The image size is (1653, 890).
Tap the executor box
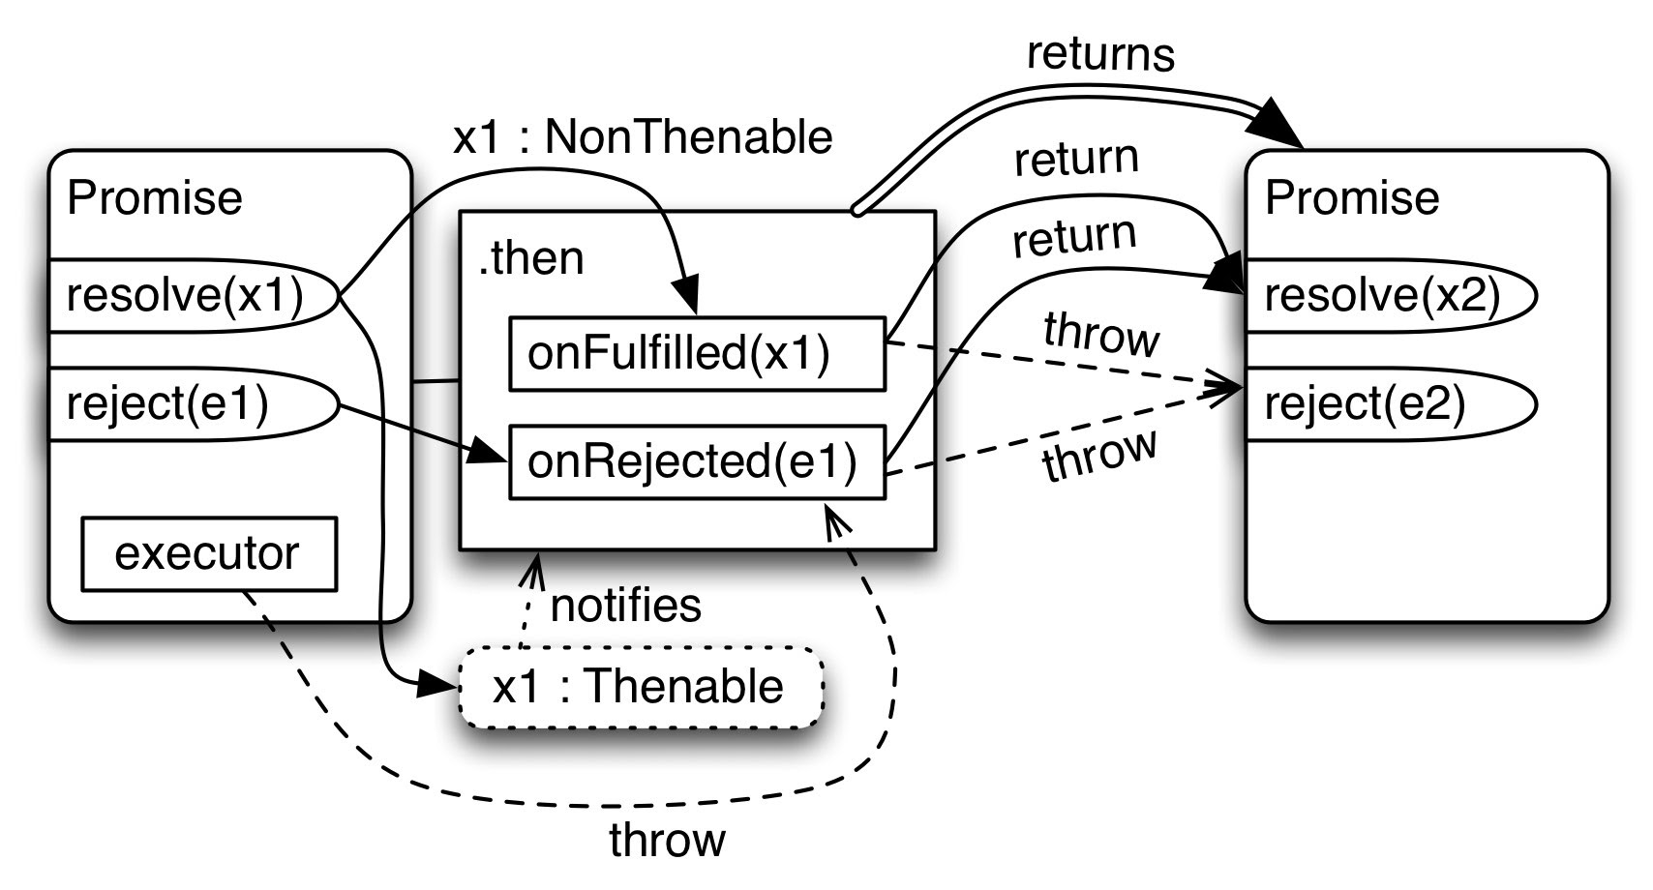(209, 553)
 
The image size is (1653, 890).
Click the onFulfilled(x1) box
(697, 353)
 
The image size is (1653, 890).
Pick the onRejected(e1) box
(697, 462)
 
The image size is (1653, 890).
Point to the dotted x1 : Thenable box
(640, 687)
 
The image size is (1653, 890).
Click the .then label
(531, 258)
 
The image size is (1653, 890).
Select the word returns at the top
(1100, 54)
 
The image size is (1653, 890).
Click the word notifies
(625, 606)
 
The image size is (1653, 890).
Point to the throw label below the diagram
(667, 839)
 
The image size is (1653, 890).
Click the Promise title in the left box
(155, 198)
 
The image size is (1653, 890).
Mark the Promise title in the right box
(1352, 198)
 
